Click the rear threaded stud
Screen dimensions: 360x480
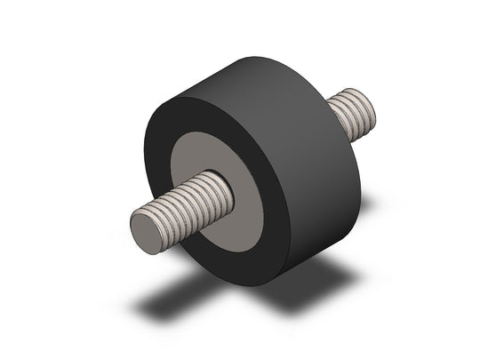[x=355, y=116]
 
